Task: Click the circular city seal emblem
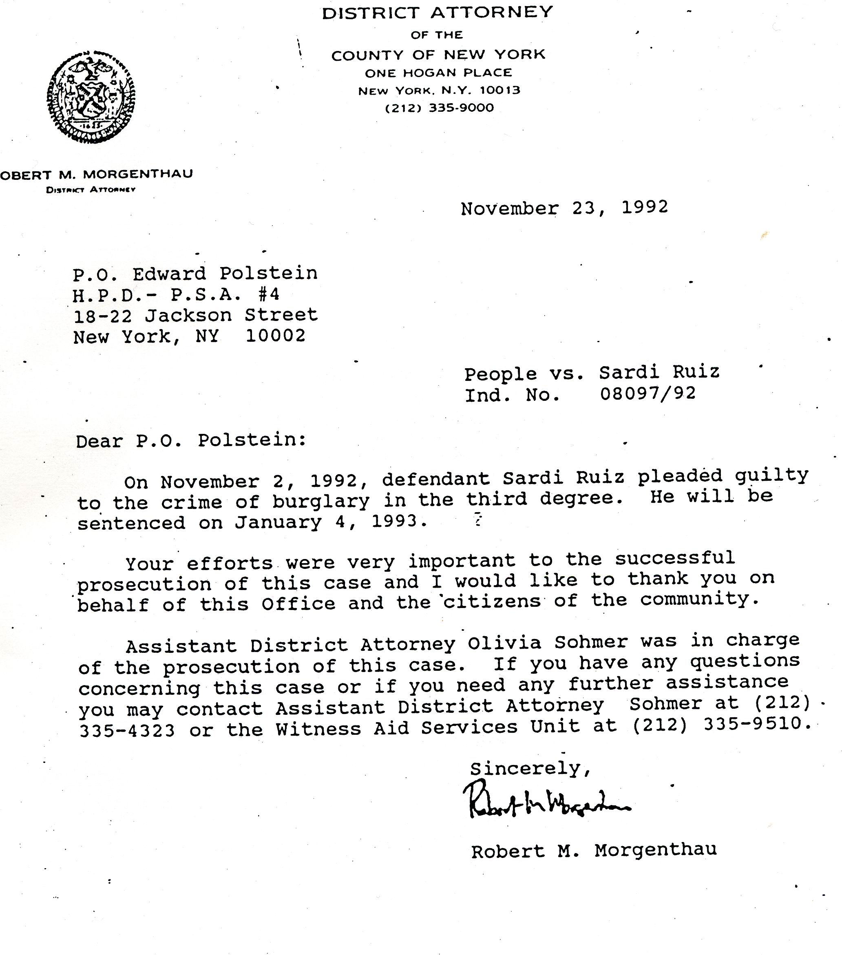tap(91, 97)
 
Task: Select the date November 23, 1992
tap(564, 208)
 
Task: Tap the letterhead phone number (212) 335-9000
tap(439, 108)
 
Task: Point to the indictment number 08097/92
tap(648, 393)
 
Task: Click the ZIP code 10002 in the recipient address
tap(276, 336)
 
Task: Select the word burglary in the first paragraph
tap(321, 501)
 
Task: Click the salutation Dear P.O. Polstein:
tap(191, 440)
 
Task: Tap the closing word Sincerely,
tap(530, 769)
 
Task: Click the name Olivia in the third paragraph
tap(505, 643)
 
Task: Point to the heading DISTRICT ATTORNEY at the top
tap(438, 13)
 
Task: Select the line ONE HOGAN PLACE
tap(438, 73)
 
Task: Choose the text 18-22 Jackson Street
tap(196, 315)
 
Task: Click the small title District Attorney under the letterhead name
tap(91, 190)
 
